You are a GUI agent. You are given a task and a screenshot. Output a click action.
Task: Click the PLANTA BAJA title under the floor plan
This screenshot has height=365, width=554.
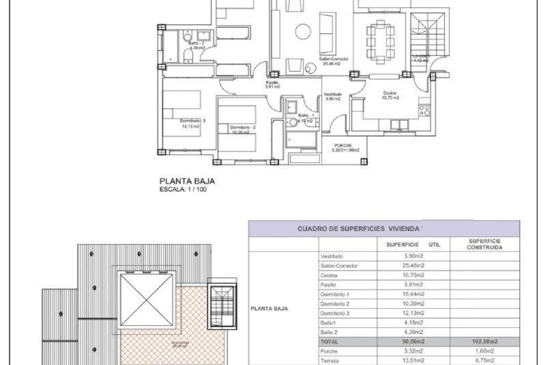click(x=187, y=181)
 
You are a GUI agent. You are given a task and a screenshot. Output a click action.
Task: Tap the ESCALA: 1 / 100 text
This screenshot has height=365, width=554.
click(x=183, y=189)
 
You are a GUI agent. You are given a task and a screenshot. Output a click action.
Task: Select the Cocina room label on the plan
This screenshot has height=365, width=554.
click(x=390, y=93)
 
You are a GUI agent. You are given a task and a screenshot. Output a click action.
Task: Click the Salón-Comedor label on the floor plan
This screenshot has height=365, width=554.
click(x=333, y=59)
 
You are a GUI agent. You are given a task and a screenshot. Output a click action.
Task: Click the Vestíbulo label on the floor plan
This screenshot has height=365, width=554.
click(x=332, y=94)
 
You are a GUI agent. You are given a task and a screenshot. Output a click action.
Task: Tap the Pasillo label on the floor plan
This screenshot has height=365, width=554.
click(x=272, y=82)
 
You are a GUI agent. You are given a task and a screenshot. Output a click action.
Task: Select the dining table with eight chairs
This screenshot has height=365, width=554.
click(x=380, y=42)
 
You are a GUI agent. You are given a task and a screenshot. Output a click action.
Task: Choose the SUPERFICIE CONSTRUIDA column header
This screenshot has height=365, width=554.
click(x=484, y=244)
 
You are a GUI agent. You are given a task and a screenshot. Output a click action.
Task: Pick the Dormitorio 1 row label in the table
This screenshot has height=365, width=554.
click(x=335, y=294)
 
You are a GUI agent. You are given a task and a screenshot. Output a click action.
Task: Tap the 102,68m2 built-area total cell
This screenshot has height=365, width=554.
click(x=484, y=342)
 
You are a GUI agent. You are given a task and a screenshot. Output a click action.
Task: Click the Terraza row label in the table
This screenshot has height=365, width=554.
click(x=330, y=361)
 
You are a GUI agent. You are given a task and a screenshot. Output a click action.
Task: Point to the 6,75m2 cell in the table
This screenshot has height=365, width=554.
click(x=484, y=361)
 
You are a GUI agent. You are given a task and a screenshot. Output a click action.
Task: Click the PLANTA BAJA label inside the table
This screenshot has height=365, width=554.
click(x=269, y=308)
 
